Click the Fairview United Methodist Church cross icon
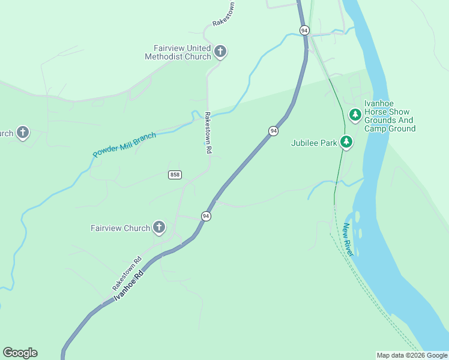pyautogui.click(x=220, y=52)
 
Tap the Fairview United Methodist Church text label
pyautogui.click(x=178, y=52)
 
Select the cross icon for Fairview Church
pyautogui.click(x=159, y=227)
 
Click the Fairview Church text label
pyautogui.click(x=120, y=228)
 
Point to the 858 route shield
pyautogui.click(x=175, y=175)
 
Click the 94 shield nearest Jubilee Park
pyautogui.click(x=273, y=131)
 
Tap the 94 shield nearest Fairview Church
pyautogui.click(x=206, y=216)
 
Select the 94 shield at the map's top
pyautogui.click(x=304, y=30)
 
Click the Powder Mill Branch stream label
pyautogui.click(x=124, y=145)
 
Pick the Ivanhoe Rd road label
pyautogui.click(x=129, y=287)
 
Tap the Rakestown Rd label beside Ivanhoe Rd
pyautogui.click(x=126, y=273)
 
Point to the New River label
pyautogui.click(x=348, y=240)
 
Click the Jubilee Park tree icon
pyautogui.click(x=346, y=142)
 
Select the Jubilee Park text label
pyautogui.click(x=314, y=143)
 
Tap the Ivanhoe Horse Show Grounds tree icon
pyautogui.click(x=355, y=114)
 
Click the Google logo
pyautogui.click(x=20, y=353)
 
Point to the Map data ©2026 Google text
pyautogui.click(x=412, y=355)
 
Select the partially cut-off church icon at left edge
pyautogui.click(x=22, y=133)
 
